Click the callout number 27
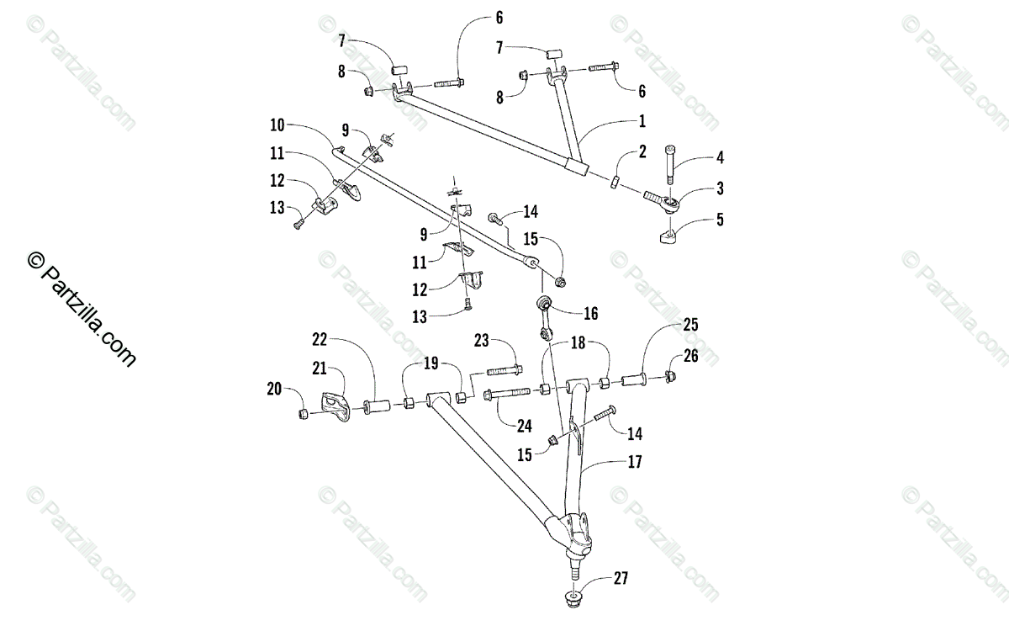(621, 578)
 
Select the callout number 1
(642, 122)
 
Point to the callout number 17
(633, 462)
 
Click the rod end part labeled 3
(661, 199)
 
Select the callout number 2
(642, 152)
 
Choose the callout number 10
(278, 125)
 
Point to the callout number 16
(590, 313)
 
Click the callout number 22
(319, 339)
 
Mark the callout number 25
(690, 325)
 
